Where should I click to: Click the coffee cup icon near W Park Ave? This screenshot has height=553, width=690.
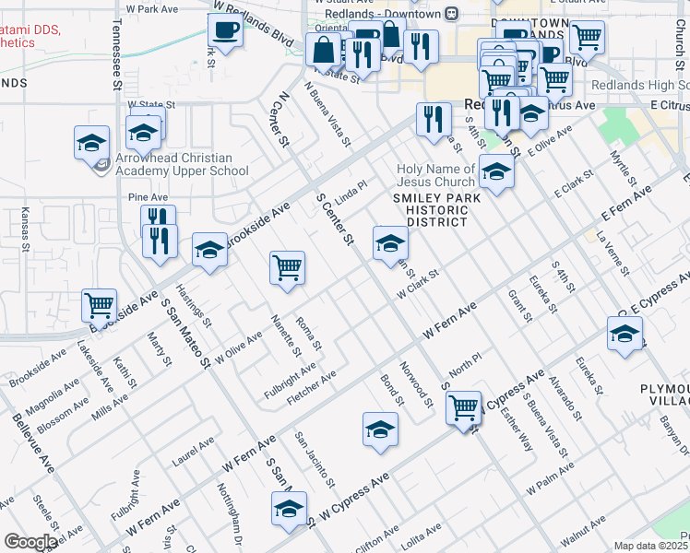pyautogui.click(x=225, y=29)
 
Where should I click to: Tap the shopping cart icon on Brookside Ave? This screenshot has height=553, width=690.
pyautogui.click(x=99, y=304)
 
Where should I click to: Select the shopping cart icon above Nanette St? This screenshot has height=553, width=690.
pyautogui.click(x=287, y=268)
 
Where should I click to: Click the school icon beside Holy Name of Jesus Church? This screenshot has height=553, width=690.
pyautogui.click(x=496, y=173)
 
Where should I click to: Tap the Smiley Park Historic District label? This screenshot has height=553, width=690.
pyautogui.click(x=431, y=209)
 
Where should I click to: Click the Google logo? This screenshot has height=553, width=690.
pyautogui.click(x=30, y=542)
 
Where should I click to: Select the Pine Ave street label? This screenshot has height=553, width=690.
pyautogui.click(x=148, y=197)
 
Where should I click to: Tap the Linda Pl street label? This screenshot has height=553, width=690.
pyautogui.click(x=351, y=194)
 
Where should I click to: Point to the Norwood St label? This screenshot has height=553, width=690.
pyautogui.click(x=423, y=389)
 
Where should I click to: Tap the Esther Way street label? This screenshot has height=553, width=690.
pyautogui.click(x=520, y=431)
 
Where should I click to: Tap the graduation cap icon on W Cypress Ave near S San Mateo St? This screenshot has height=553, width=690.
pyautogui.click(x=289, y=509)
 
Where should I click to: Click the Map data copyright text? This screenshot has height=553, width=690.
pyautogui.click(x=650, y=546)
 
